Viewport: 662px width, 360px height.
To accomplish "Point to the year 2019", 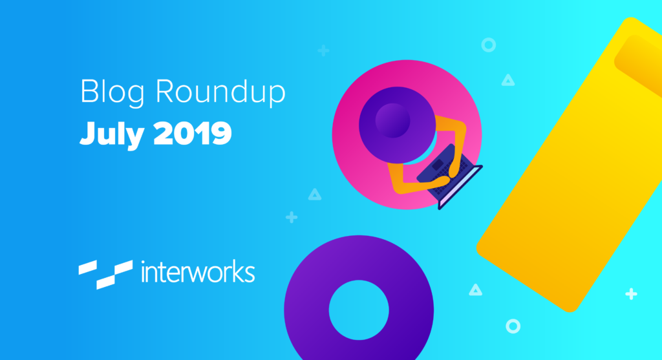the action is pyautogui.click(x=193, y=133).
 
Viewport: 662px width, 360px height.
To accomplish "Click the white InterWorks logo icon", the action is pyautogui.click(x=105, y=274).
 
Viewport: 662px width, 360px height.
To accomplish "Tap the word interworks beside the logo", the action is pyautogui.click(x=198, y=272).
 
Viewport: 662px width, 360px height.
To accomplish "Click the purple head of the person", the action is pyautogui.click(x=397, y=125).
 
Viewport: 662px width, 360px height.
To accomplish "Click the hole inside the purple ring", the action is pyautogui.click(x=359, y=310).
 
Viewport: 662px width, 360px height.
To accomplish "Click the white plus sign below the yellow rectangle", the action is pyautogui.click(x=631, y=293).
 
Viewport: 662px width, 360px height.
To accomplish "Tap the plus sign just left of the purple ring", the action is pyautogui.click(x=292, y=217).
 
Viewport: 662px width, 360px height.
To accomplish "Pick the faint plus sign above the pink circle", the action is pyautogui.click(x=323, y=50).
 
